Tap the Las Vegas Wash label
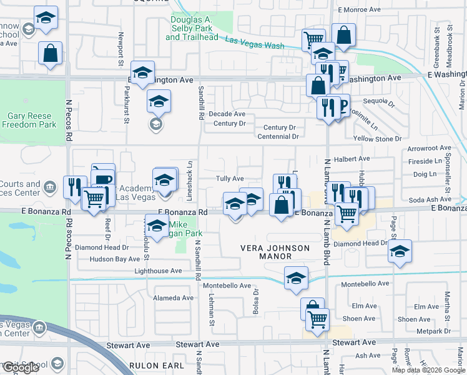tap(254, 43)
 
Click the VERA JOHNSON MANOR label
tap(275, 252)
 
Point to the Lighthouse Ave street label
tap(158, 271)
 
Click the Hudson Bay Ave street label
tap(114, 259)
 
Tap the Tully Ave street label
tap(229, 179)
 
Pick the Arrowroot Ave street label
tap(428, 149)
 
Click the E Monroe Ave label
tap(358, 10)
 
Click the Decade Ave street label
tap(227, 114)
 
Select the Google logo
tap(21, 367)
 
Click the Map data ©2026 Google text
tap(428, 370)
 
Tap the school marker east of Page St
tap(400, 252)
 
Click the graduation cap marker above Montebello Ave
tap(296, 278)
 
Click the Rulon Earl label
tap(156, 366)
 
